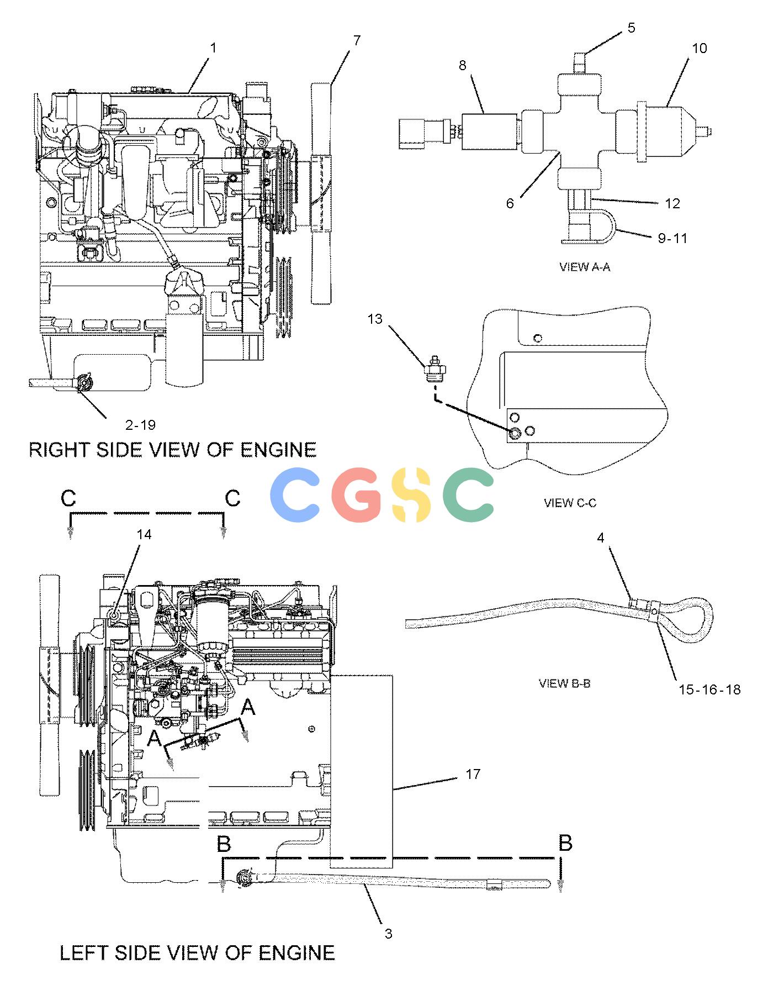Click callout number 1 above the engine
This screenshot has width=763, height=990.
[x=213, y=48]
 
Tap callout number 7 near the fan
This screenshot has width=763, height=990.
[x=357, y=40]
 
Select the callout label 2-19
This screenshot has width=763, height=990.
[x=140, y=425]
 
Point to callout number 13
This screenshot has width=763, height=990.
[x=375, y=319]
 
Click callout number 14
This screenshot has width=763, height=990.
[x=144, y=534]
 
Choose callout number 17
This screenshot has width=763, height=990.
[x=473, y=774]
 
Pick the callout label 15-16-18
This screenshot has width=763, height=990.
[x=709, y=689]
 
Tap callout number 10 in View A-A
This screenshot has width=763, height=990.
[x=699, y=48]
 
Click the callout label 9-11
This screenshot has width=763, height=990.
[x=672, y=238]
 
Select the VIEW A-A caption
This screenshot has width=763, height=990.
[x=585, y=267]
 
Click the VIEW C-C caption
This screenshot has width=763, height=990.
[x=570, y=503]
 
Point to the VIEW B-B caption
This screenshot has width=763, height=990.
[x=564, y=683]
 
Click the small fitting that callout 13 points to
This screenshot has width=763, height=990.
[x=436, y=368]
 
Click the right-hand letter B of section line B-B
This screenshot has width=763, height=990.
[x=565, y=844]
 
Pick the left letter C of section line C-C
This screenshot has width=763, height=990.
[x=68, y=498]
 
